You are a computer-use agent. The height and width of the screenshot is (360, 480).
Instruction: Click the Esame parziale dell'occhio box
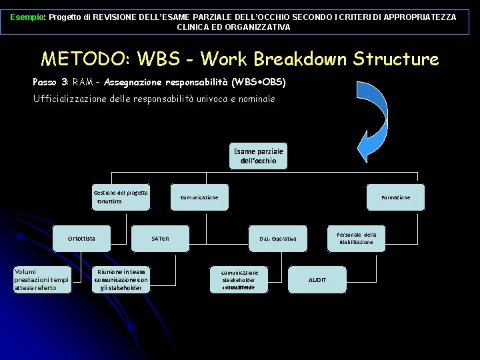click(x=259, y=156)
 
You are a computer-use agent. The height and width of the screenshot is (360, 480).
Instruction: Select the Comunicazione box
click(x=199, y=197)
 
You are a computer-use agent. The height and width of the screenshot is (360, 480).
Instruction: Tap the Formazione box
click(x=395, y=197)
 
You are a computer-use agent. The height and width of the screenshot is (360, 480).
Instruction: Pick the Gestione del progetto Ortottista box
click(x=121, y=197)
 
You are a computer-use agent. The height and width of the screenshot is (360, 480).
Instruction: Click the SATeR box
click(x=160, y=238)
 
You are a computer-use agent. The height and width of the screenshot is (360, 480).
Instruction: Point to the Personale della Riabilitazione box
click(x=356, y=238)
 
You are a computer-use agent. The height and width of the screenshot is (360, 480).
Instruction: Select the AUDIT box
click(x=317, y=280)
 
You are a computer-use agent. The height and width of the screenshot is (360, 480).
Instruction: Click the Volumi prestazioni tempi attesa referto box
click(x=42, y=280)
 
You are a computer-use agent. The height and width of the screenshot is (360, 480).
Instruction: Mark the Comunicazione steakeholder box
click(x=239, y=280)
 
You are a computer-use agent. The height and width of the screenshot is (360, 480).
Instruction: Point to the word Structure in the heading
click(x=396, y=59)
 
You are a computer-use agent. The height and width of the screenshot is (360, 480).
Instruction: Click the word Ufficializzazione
click(x=72, y=99)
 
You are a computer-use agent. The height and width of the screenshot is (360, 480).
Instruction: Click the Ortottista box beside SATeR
click(x=81, y=238)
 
